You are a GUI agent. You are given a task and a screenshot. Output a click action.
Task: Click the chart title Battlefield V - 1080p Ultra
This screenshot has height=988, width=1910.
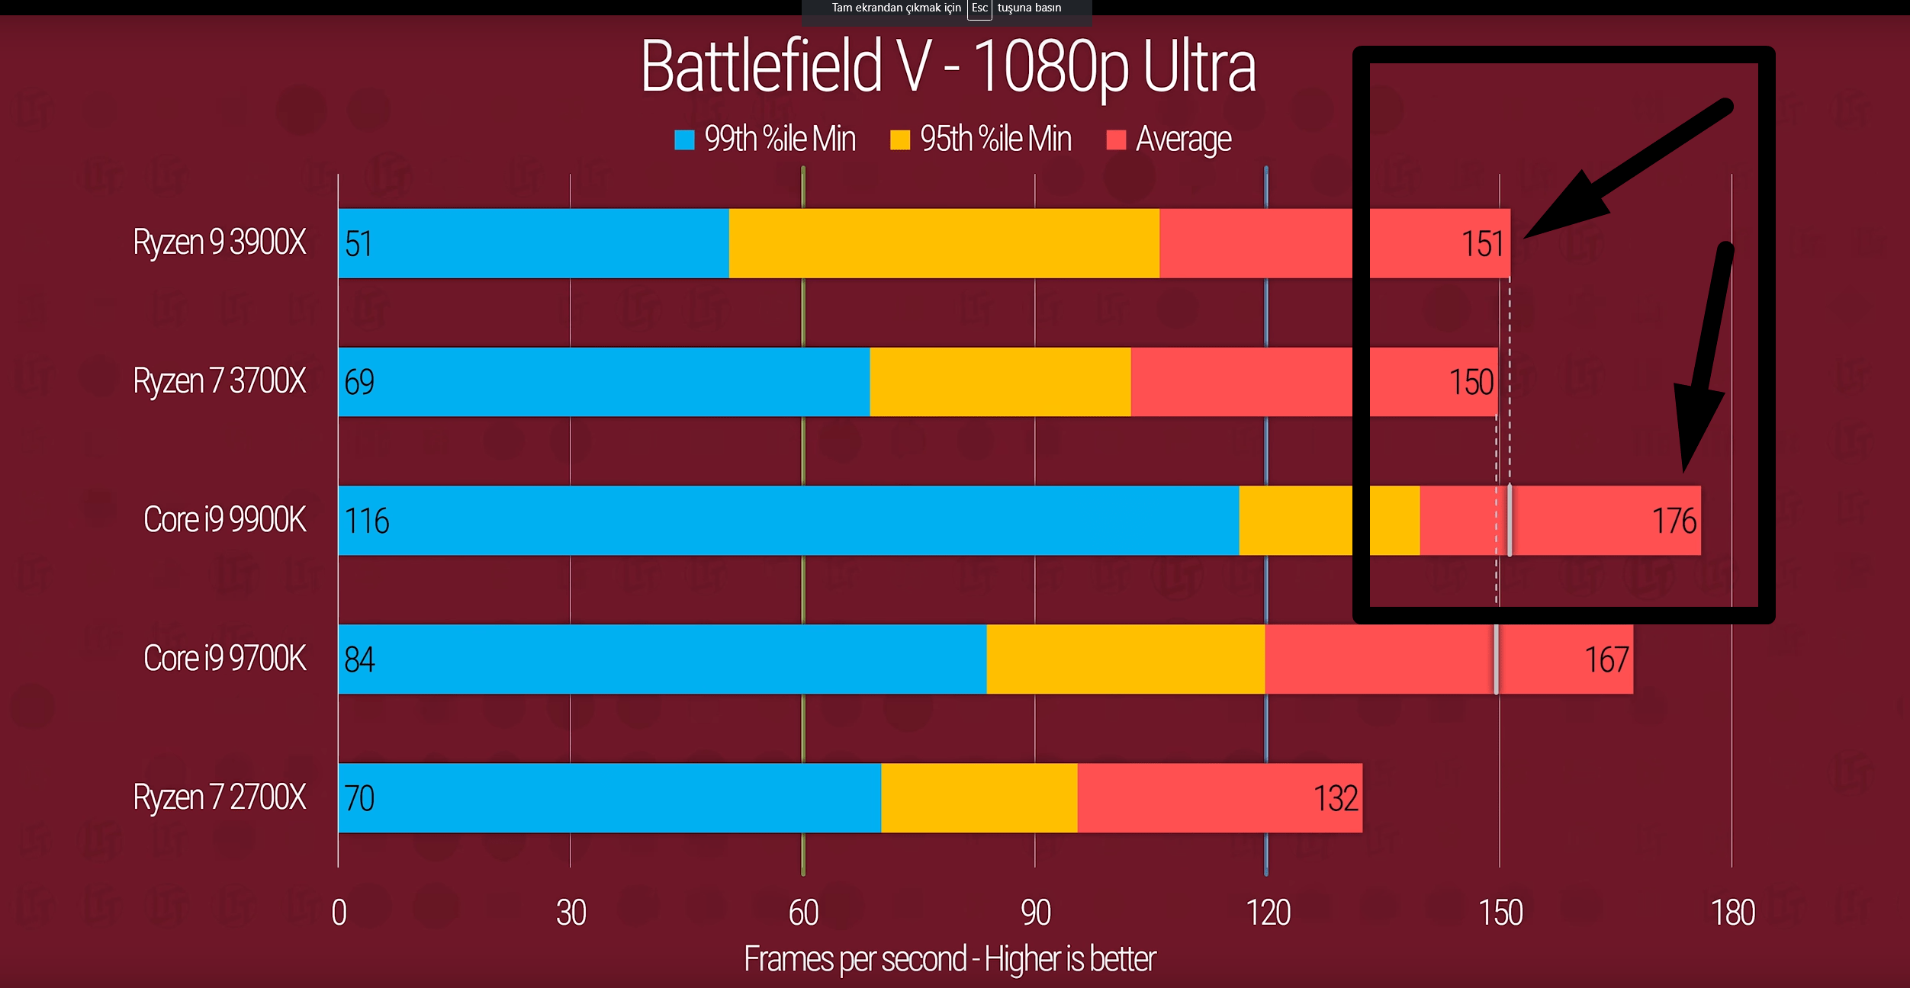(948, 67)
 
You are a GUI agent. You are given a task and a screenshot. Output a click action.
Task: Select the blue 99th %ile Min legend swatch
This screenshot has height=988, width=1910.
(684, 140)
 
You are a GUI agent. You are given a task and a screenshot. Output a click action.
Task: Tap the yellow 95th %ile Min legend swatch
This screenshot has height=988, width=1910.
(900, 140)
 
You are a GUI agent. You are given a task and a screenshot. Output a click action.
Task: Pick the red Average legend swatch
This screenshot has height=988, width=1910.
(1116, 140)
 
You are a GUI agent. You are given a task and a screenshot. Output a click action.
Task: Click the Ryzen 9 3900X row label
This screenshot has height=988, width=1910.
(219, 242)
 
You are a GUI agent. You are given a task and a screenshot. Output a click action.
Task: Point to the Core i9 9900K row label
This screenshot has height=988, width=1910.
(224, 520)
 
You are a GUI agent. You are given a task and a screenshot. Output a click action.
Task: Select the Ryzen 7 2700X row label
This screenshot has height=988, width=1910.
(219, 797)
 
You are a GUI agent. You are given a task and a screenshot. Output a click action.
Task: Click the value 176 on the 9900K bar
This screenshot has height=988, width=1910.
(1674, 521)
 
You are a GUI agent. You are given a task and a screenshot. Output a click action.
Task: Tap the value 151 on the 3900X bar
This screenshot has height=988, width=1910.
(1482, 244)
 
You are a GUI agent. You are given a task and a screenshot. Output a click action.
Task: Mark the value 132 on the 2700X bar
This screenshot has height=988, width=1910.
(1335, 799)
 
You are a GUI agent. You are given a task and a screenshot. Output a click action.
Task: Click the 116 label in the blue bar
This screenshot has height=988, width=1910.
(367, 521)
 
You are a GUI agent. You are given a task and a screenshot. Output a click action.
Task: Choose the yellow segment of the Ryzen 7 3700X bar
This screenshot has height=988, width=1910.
(1000, 382)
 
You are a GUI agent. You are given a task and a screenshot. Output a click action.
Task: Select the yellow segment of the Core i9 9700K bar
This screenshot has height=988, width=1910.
(1125, 659)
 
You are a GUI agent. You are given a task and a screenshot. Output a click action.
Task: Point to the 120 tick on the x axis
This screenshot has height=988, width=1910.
(1268, 913)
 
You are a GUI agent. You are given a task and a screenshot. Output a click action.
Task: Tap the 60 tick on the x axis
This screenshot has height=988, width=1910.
(803, 913)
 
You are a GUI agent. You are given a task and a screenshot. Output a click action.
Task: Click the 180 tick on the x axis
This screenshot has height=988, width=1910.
(1732, 913)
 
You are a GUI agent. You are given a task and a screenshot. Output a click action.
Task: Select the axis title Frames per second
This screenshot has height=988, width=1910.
(950, 959)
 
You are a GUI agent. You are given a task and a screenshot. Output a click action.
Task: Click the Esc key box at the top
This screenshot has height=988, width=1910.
(979, 8)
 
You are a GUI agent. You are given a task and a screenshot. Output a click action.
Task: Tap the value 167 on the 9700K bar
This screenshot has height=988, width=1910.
(1606, 660)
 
